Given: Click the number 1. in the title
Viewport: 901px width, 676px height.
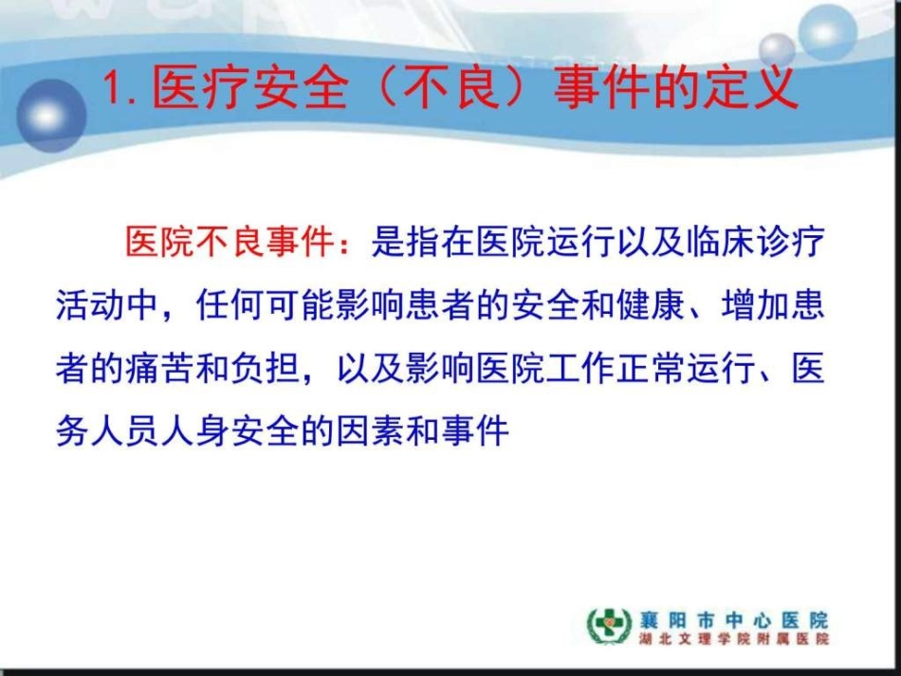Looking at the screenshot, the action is click(x=120, y=87).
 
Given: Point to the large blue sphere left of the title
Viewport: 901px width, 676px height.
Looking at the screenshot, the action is click(x=52, y=115).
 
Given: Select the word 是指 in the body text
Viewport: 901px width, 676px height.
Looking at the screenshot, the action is click(x=405, y=241).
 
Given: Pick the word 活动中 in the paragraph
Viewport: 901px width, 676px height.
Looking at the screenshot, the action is click(x=107, y=304).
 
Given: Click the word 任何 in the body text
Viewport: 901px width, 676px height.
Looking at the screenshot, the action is click(x=230, y=304).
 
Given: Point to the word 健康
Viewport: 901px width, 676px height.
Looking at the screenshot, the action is click(x=651, y=304).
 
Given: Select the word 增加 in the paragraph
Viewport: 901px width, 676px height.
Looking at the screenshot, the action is click(x=756, y=304).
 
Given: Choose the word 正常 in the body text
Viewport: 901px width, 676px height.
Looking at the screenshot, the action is click(x=651, y=368).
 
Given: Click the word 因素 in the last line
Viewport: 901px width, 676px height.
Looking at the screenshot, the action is click(x=370, y=430).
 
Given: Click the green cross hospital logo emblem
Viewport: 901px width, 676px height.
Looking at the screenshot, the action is click(x=609, y=626).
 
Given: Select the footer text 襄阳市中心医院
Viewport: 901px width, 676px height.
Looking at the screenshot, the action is click(x=734, y=620).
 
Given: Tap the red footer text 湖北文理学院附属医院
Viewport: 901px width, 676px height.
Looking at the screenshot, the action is click(x=734, y=639).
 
